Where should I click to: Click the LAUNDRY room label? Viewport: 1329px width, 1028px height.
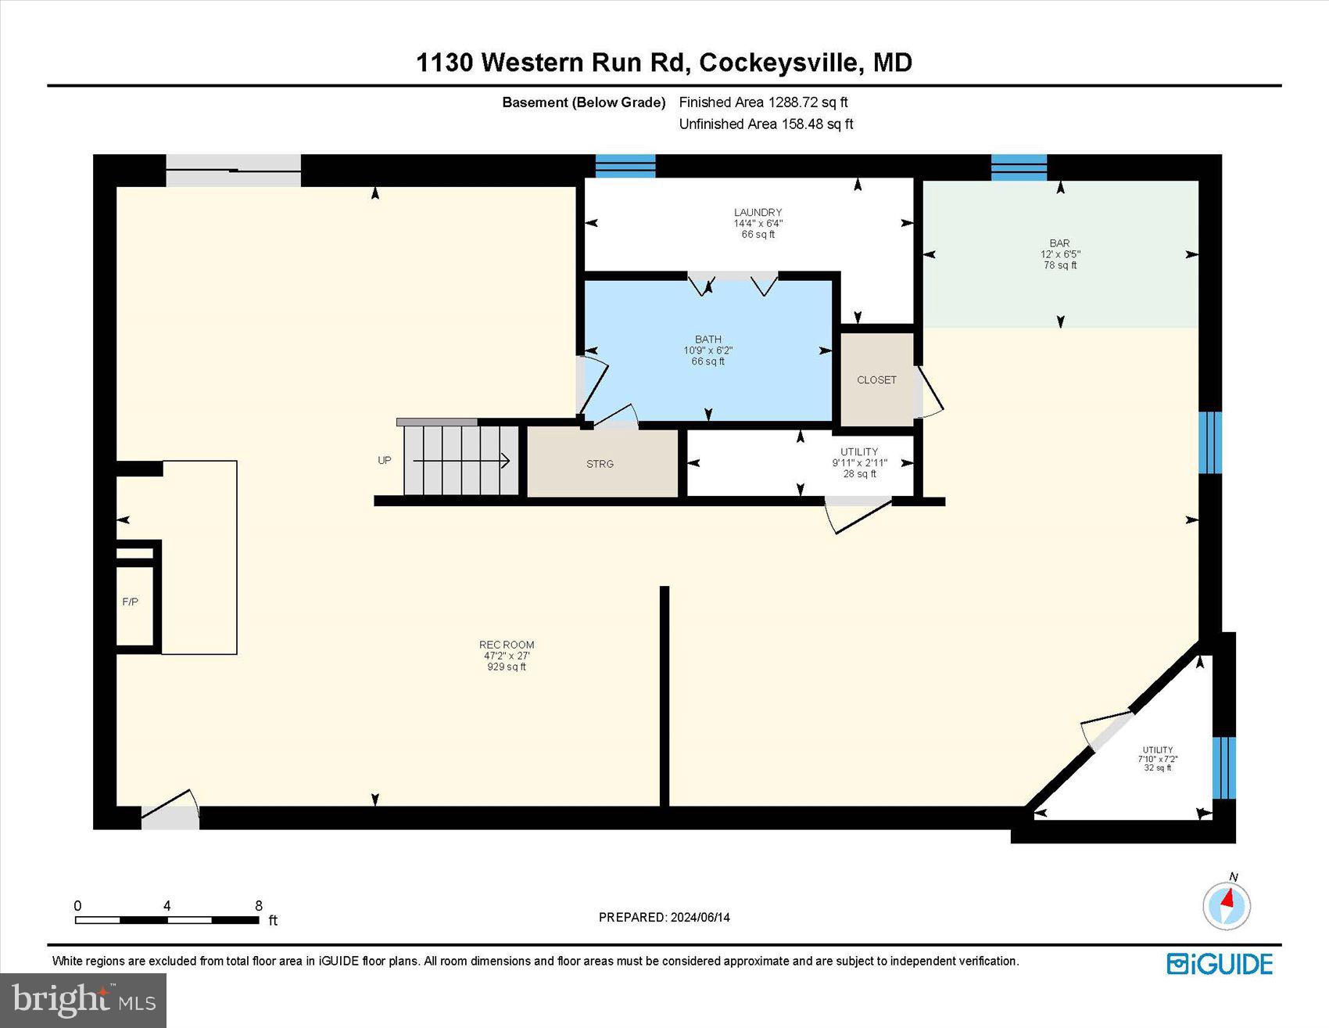click(x=758, y=212)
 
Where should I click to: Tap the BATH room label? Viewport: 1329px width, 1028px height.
click(x=707, y=340)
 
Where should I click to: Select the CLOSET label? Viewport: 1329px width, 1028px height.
click(x=876, y=380)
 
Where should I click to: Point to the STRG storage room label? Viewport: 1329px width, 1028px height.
click(x=600, y=464)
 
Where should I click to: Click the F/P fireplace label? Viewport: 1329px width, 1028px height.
click(x=131, y=602)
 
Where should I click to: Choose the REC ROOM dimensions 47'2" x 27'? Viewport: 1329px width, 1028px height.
click(x=507, y=656)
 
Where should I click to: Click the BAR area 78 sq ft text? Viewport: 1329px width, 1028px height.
click(x=1060, y=265)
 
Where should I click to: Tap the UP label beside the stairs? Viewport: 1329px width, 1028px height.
click(x=385, y=460)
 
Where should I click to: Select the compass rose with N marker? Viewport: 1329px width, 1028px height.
click(x=1227, y=905)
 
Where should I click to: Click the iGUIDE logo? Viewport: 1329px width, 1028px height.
click(x=1220, y=964)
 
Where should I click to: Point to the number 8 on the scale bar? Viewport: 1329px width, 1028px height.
click(x=259, y=906)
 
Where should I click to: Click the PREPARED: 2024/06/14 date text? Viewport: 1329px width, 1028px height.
click(x=664, y=917)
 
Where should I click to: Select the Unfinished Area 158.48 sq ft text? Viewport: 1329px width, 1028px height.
click(x=765, y=124)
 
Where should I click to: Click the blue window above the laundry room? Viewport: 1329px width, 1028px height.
click(x=625, y=166)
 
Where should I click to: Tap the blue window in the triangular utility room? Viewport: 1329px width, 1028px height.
click(x=1223, y=767)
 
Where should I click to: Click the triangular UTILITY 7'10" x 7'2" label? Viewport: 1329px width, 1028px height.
click(x=1157, y=758)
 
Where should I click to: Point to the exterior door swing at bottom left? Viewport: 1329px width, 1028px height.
click(x=170, y=811)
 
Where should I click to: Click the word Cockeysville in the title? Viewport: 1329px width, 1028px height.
click(x=779, y=63)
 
